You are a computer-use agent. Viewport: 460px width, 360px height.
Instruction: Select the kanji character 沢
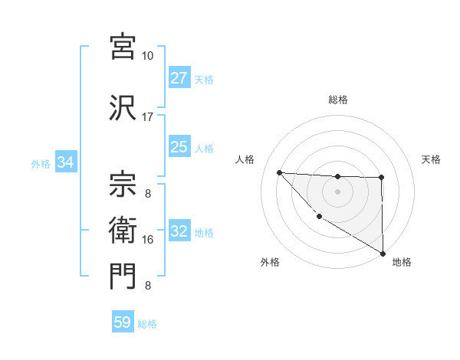[x=123, y=106]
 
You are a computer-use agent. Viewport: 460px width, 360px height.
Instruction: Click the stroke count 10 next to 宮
[x=147, y=56]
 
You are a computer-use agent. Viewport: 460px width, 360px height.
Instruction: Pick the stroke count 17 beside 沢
[x=147, y=117]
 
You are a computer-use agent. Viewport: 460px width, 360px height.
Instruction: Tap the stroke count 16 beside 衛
[x=147, y=239]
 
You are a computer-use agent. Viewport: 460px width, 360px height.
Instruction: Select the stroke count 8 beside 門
[x=147, y=286]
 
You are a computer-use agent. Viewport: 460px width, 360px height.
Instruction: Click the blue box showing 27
[x=179, y=78]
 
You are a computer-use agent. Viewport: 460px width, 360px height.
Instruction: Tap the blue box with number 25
[x=179, y=147]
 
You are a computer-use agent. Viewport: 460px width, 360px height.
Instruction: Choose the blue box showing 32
[x=179, y=231]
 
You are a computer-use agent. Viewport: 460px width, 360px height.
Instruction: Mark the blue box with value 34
[x=65, y=162]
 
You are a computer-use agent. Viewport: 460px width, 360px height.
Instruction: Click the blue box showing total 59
[x=123, y=322]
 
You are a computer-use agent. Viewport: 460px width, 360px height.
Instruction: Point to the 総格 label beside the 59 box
[x=147, y=324]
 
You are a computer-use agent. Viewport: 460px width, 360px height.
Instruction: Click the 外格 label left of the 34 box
[x=41, y=163]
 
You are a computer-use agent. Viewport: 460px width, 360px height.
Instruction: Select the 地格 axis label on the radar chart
[x=402, y=262]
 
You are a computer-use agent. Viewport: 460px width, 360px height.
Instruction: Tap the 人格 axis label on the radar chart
[x=245, y=159]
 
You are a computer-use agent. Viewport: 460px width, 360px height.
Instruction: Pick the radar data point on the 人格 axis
[x=279, y=172]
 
